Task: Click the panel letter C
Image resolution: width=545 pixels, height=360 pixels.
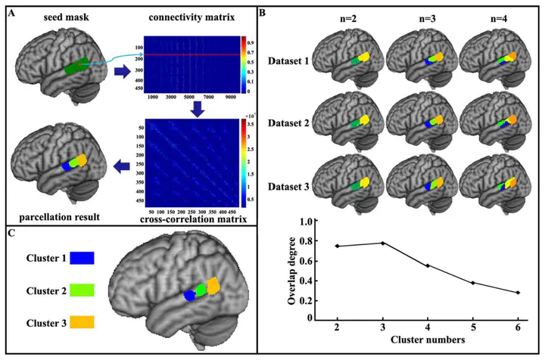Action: click(x=10, y=232)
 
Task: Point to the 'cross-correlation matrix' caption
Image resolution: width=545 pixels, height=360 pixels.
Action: click(x=193, y=219)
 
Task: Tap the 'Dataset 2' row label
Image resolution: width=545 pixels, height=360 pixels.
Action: click(x=290, y=122)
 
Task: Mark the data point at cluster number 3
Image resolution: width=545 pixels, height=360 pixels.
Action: click(x=382, y=243)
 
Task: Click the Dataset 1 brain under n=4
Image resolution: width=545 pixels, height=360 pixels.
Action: click(x=490, y=61)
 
